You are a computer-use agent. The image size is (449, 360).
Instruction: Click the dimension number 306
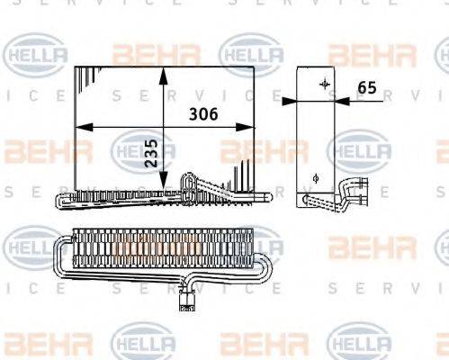click(202, 114)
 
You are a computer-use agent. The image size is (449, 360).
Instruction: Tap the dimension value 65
click(367, 87)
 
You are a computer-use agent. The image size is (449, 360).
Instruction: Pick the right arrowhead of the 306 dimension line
click(251, 127)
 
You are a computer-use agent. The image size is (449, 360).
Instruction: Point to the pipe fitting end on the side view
click(360, 193)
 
